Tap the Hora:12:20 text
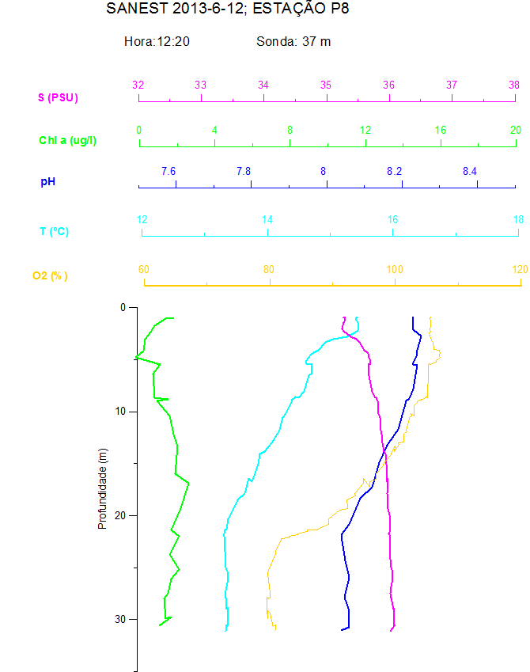157,41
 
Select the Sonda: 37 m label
293,41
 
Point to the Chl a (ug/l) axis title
69,140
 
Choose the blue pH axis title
47,182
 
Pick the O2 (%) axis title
50,275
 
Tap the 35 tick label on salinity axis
326,85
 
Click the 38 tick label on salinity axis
514,85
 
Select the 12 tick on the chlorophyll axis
365,130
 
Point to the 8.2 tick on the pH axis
394,171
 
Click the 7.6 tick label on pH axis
168,171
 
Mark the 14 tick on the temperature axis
267,219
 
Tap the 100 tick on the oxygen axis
394,269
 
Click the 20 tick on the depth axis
121,515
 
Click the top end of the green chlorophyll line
172,318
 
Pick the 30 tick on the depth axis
121,619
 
